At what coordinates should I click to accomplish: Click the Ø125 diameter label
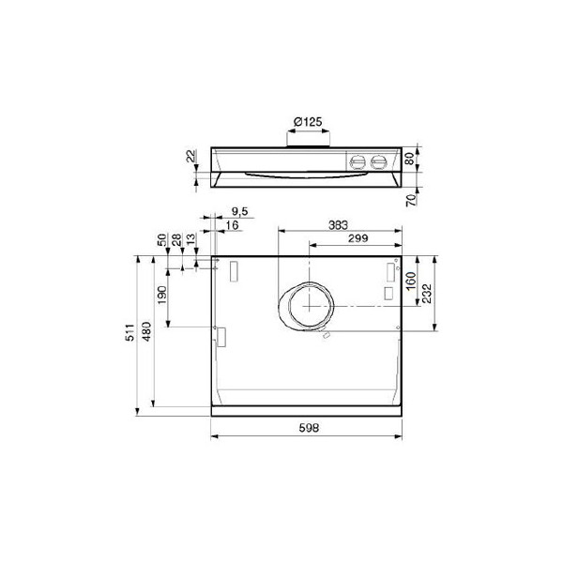pos(308,122)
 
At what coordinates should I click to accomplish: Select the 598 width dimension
pos(309,428)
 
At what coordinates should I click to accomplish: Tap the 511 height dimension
pos(130,332)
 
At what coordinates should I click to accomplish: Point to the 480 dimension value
pos(146,331)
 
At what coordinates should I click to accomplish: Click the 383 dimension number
pos(338,225)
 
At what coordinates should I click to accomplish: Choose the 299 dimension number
pos(358,238)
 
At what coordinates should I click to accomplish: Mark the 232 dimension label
pos(427,294)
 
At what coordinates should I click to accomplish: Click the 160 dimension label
pos(411,281)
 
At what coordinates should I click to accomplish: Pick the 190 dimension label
pos(162,295)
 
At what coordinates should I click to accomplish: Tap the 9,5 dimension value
pos(240,211)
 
